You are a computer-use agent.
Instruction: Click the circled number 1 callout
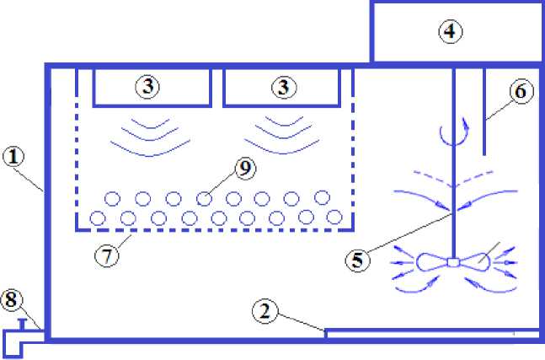pos(14,155)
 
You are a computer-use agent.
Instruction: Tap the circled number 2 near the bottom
pos(265,311)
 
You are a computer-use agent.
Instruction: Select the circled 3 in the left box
pos(149,86)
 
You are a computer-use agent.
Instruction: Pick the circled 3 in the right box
pos(283,86)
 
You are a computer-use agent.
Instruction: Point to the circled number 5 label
pos(358,259)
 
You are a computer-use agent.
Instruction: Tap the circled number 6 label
pos(519,93)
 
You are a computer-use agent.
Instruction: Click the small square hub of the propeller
pos(453,263)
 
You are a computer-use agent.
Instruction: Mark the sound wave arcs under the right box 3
pos(283,135)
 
